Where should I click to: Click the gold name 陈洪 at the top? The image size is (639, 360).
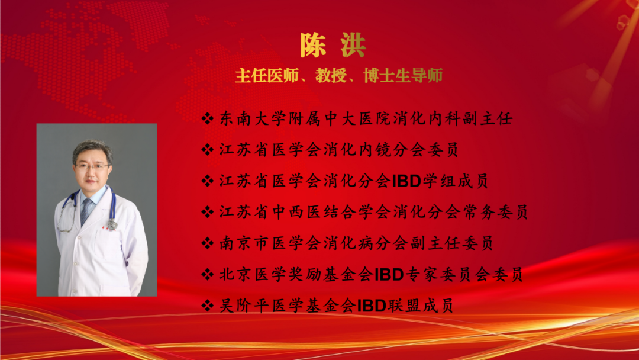click(333, 45)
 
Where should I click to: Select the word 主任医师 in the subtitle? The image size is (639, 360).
click(267, 75)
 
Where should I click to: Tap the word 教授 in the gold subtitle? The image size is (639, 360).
click(331, 75)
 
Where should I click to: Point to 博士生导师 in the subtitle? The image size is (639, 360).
click(403, 75)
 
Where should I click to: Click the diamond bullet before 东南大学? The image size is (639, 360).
click(208, 118)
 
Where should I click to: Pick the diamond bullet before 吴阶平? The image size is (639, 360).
click(208, 306)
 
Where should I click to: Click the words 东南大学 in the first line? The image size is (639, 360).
click(253, 118)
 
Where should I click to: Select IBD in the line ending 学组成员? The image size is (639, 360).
click(406, 181)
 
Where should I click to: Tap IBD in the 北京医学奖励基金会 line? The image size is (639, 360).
click(389, 274)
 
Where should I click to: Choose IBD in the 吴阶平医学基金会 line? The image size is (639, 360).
click(372, 306)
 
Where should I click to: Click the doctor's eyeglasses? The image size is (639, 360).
click(92, 166)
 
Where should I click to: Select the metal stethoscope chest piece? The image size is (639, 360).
click(112, 224)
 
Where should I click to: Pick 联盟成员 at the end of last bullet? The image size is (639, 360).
click(420, 306)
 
